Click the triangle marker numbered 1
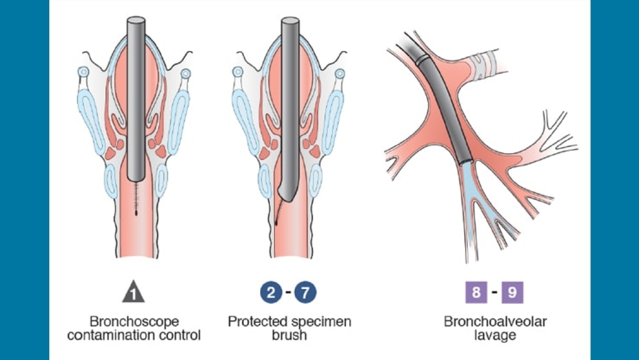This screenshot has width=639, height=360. pyautogui.click(x=134, y=293)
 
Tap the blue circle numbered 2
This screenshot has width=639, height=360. pyautogui.click(x=270, y=292)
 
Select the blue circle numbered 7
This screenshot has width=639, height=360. pyautogui.click(x=305, y=292)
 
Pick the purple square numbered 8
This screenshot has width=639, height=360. pyautogui.click(x=477, y=292)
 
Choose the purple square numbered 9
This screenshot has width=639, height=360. pyautogui.click(x=512, y=292)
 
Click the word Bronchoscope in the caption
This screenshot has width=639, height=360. pyautogui.click(x=134, y=322)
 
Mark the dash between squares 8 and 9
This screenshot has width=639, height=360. pyautogui.click(x=494, y=292)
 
